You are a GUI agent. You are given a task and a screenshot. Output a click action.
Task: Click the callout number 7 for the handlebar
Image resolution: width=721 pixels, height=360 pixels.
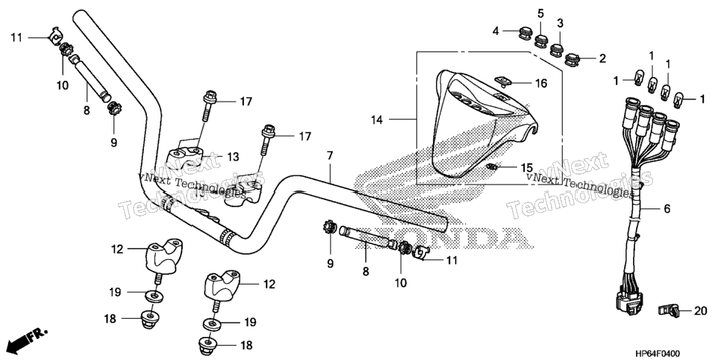click(x=330, y=155)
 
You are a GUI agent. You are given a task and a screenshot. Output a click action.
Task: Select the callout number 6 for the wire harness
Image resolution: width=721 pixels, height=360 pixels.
click(x=667, y=209)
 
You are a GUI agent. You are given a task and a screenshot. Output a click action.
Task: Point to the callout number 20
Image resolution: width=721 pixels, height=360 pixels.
click(x=700, y=311)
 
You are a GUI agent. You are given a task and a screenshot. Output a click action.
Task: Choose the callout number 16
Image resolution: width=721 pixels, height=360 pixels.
click(x=541, y=84)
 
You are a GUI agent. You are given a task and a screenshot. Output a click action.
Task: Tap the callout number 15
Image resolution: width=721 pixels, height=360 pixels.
click(x=526, y=167)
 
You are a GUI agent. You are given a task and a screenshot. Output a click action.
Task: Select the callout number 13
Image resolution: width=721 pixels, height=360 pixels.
click(x=233, y=157)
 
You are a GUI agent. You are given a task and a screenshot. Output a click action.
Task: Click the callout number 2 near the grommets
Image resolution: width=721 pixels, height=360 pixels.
click(x=602, y=58)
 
